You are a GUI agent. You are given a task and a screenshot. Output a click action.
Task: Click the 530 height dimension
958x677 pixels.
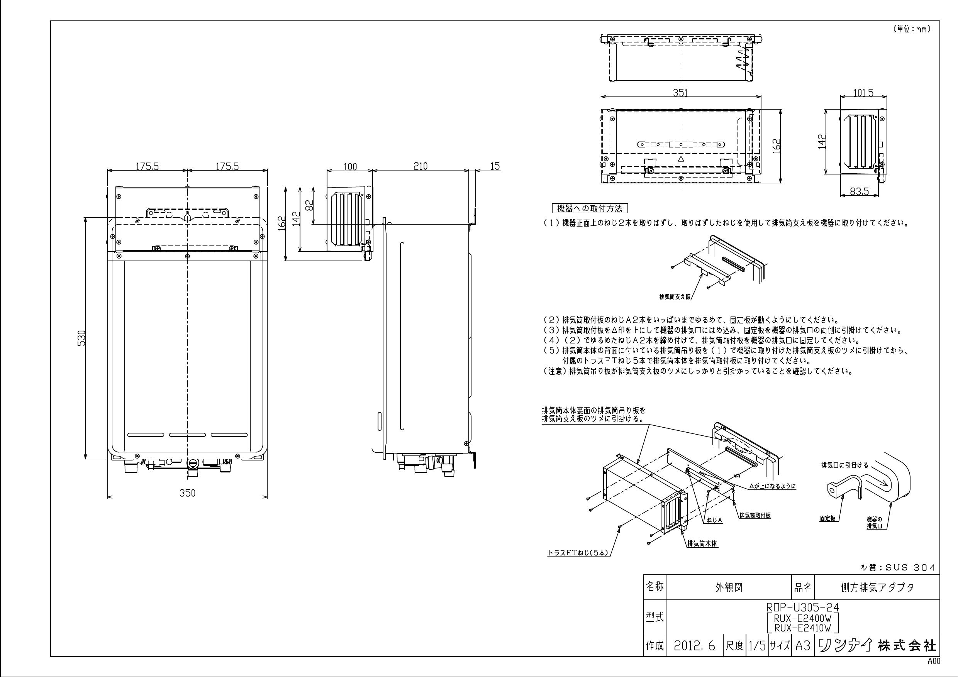82,337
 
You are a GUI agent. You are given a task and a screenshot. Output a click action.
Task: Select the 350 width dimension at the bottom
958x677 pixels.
187,493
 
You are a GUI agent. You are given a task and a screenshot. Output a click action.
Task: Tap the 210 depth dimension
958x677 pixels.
420,166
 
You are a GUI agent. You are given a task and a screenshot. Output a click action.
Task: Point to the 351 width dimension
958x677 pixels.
680,93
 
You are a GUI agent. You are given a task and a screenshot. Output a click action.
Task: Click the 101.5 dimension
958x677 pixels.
863,93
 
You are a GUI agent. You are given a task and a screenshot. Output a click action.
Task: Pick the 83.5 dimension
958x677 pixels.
860,191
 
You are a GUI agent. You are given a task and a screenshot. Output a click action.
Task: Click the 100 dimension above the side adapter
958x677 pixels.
350,166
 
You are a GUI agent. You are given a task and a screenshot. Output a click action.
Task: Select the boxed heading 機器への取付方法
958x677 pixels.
590,208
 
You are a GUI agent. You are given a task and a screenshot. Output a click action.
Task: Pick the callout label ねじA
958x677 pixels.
714,520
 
